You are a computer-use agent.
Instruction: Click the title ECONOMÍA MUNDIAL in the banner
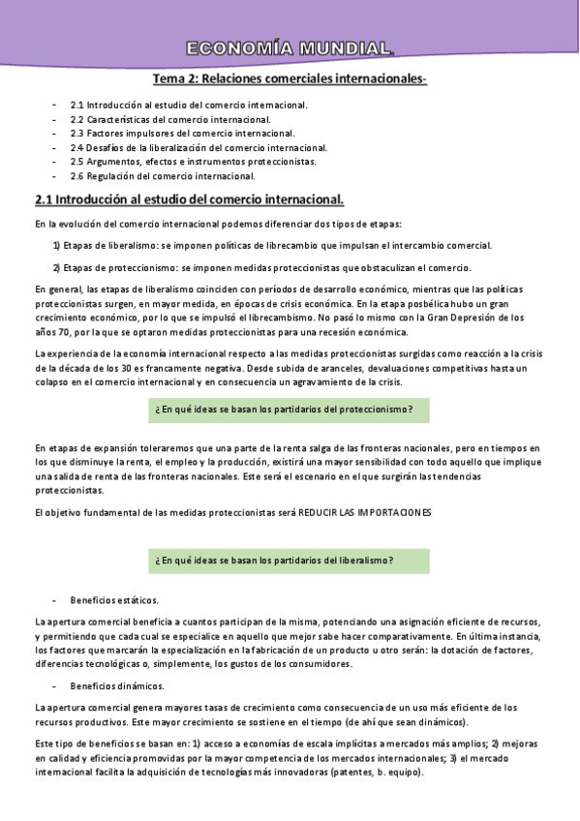pos(290,48)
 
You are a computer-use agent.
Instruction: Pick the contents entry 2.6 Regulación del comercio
pos(163,176)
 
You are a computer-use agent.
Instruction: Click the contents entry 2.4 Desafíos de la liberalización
pos(198,147)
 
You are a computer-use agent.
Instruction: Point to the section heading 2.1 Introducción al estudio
pos(189,200)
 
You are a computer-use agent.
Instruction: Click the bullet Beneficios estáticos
pos(114,599)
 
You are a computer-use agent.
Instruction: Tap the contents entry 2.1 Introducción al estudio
pos(189,104)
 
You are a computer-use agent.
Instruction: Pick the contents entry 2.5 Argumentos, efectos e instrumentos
pos(193,162)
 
